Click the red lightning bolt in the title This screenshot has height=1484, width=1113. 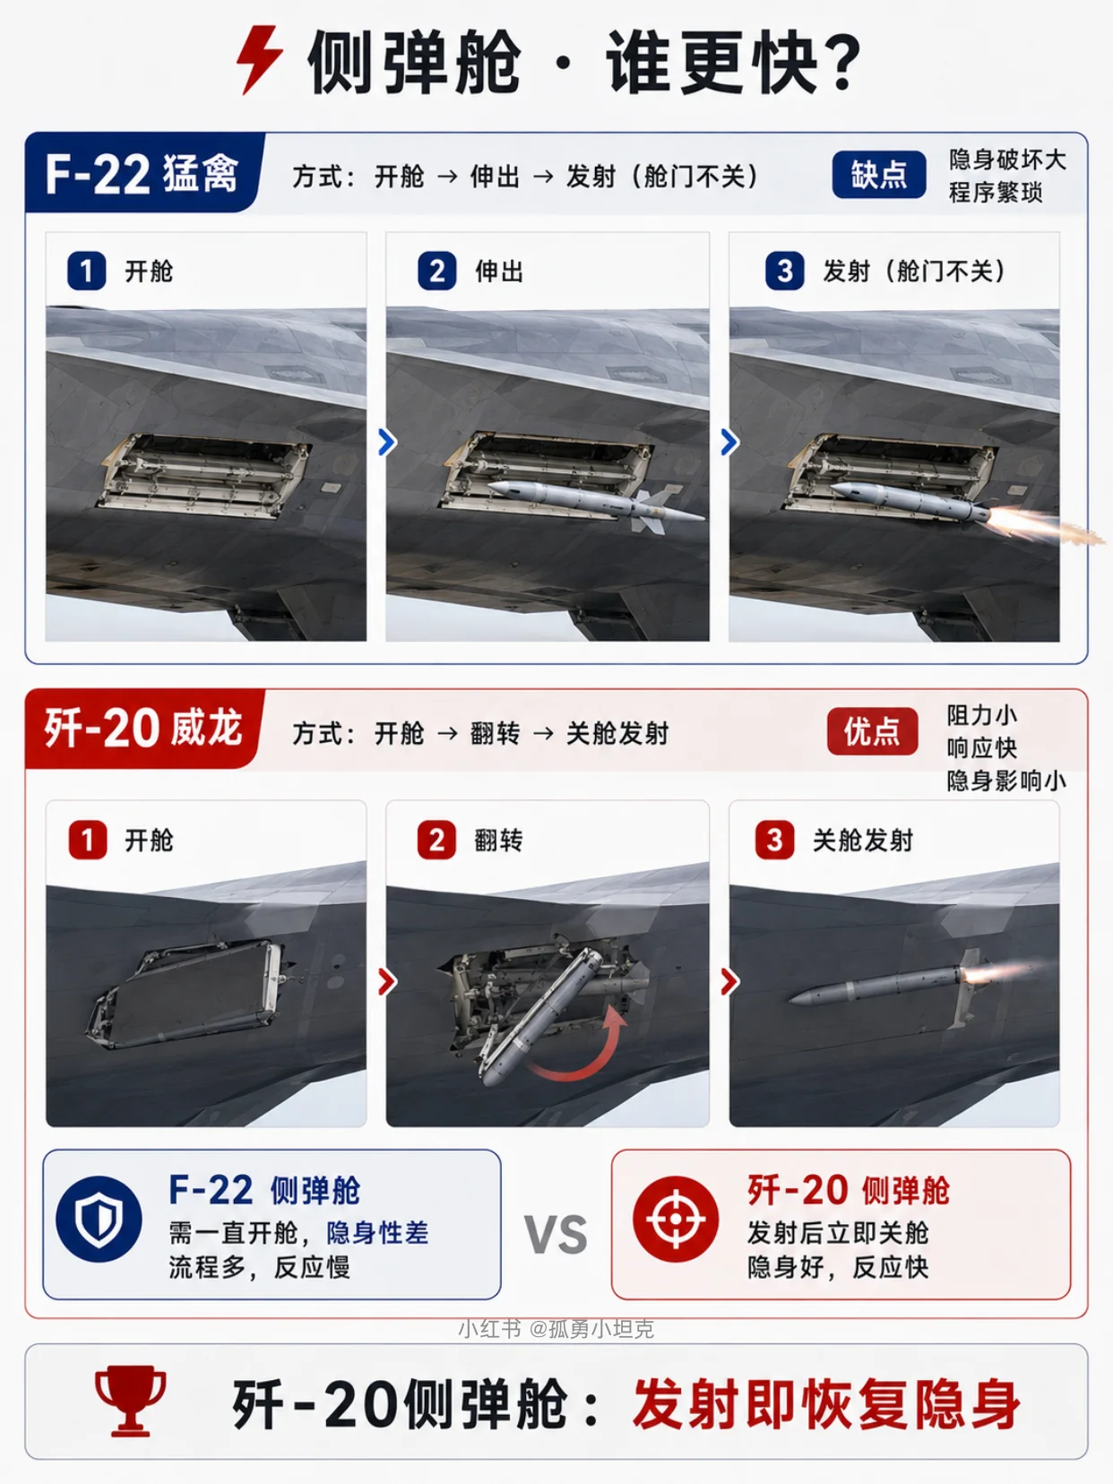coord(259,59)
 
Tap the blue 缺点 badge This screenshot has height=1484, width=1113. coord(878,175)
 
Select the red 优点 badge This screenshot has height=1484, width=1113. coord(872,731)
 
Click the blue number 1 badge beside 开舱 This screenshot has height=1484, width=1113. coord(87,272)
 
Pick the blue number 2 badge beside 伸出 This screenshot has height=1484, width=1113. coord(436,272)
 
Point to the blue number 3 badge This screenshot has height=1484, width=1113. coord(785,272)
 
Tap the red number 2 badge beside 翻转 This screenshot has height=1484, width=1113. coord(436,840)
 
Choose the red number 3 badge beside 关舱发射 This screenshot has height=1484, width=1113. coord(774,840)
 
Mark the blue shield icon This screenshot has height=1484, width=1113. coord(99,1219)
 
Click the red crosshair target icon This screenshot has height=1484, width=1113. coord(676,1219)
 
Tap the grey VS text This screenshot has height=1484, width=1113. coord(556,1235)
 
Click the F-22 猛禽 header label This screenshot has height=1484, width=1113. coord(142,174)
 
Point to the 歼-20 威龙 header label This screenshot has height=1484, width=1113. coord(143,729)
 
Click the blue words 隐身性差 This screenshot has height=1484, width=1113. coord(377,1232)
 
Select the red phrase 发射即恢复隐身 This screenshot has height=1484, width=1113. coord(826,1404)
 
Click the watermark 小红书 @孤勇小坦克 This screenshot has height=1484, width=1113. coord(556,1328)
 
